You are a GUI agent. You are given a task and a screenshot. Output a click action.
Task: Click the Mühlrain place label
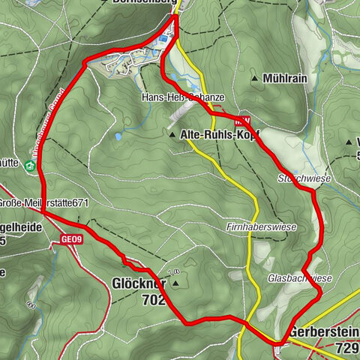click(x=292, y=77)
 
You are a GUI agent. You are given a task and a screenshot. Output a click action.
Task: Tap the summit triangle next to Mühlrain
click(x=256, y=77)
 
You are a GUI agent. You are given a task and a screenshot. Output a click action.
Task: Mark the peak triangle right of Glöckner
click(x=176, y=283)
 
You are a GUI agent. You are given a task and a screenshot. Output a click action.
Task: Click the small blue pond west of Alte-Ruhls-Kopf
click(x=118, y=137)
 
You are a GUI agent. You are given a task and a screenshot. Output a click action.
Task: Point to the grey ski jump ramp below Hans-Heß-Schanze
click(x=180, y=111)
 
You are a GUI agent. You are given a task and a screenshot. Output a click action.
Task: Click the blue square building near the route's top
click(x=163, y=37)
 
